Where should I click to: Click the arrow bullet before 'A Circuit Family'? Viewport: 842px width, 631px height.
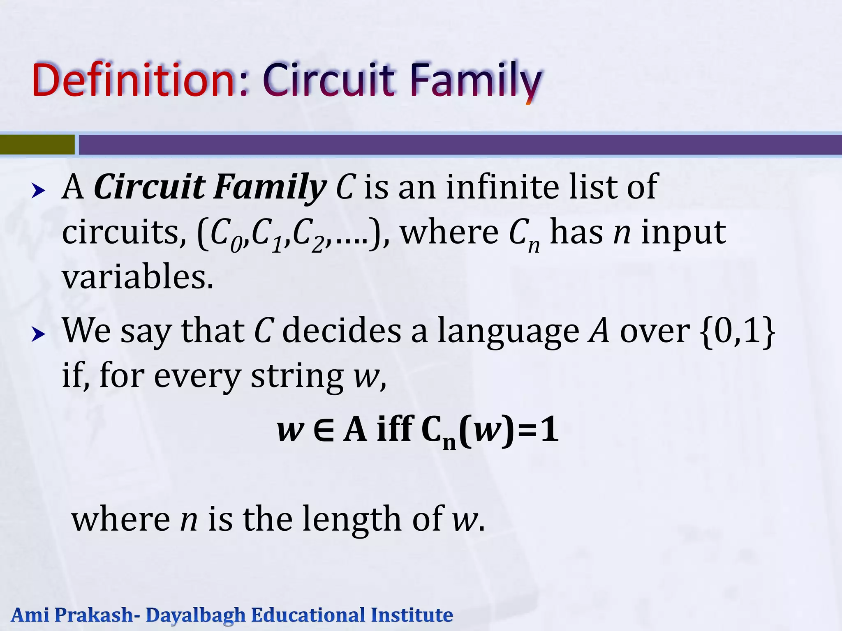pos(38,191)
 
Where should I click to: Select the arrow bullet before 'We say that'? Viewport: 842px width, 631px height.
pos(38,334)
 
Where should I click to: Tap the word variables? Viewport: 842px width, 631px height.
pos(138,276)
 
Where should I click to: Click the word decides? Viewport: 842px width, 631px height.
pos(341,331)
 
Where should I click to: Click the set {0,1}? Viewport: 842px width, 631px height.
pos(738,331)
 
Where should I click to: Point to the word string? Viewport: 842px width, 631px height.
pos(297,376)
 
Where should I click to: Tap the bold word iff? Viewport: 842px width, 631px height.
pos(395,429)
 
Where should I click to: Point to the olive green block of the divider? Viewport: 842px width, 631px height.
pos(37,145)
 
